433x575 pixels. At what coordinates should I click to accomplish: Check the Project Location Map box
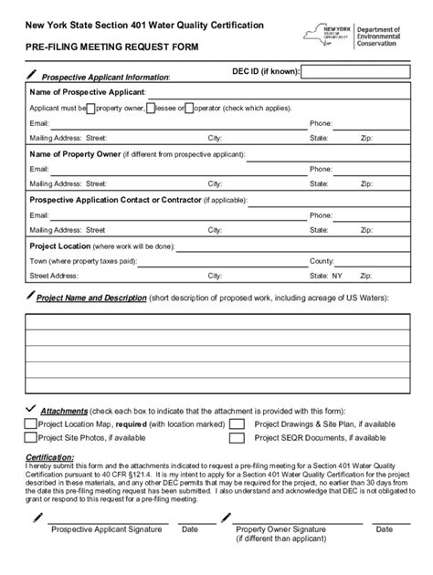click(x=31, y=424)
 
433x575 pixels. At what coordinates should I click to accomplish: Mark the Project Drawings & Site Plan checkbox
click(x=238, y=424)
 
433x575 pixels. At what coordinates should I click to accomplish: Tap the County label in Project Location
click(x=322, y=260)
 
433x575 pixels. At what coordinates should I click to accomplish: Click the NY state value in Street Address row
click(x=336, y=274)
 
